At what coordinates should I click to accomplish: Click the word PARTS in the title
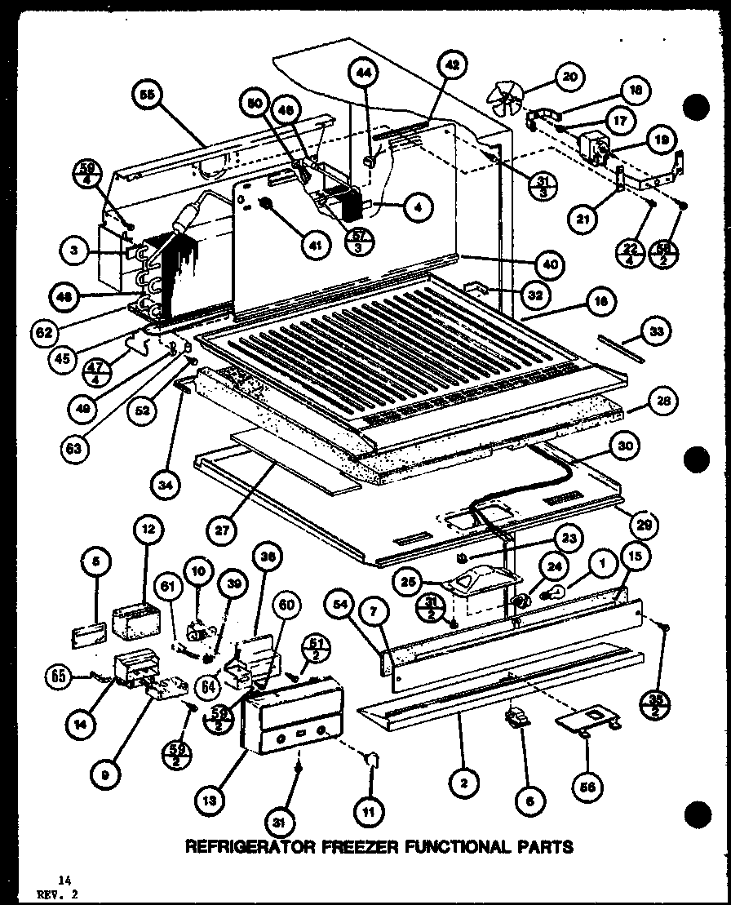543,846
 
